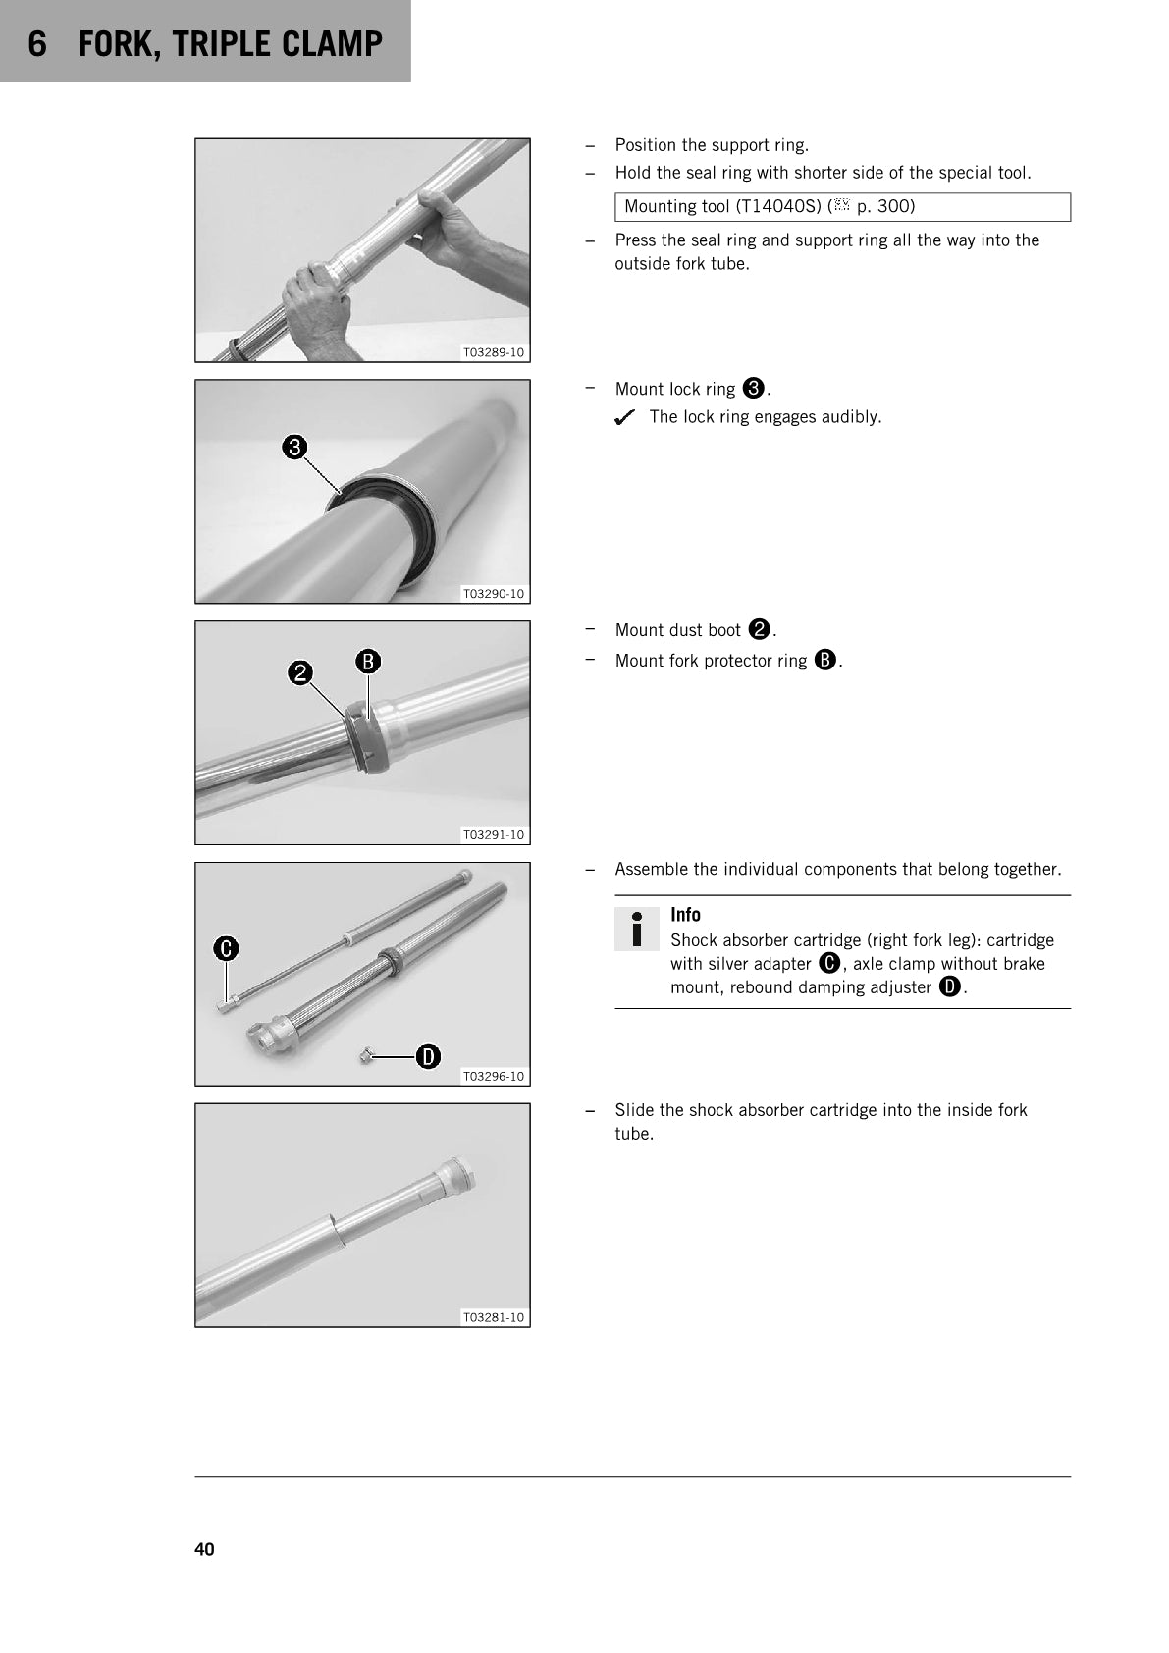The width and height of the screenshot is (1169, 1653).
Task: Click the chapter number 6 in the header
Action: tap(37, 44)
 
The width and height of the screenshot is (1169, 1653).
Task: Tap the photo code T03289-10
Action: tap(493, 352)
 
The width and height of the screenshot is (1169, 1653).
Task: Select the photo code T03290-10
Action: tap(493, 594)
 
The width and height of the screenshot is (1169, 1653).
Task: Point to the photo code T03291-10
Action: tap(493, 835)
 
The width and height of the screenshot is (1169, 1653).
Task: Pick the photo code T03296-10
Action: tap(493, 1077)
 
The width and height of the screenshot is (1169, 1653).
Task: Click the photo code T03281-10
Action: tap(493, 1318)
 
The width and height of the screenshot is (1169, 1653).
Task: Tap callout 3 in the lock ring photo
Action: tap(294, 448)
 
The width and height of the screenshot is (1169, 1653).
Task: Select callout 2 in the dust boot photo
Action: tap(299, 673)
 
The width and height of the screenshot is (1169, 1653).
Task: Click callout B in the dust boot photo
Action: tap(367, 662)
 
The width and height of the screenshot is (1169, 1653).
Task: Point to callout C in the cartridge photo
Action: tap(226, 948)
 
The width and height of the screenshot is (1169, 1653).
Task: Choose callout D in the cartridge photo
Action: tap(428, 1057)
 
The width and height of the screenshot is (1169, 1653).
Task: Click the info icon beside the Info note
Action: tap(636, 929)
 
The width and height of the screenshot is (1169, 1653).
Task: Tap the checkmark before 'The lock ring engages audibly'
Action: tap(624, 418)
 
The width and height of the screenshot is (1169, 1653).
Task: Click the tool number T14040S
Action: tap(781, 206)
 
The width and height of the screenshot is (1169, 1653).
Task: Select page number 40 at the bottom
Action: tap(204, 1549)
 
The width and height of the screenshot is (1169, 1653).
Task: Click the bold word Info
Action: tap(685, 915)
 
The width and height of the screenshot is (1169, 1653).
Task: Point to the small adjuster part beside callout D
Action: tap(364, 1057)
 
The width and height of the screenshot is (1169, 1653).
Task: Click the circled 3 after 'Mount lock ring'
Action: tap(753, 388)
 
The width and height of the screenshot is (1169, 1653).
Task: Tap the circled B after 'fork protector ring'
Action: tap(825, 660)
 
